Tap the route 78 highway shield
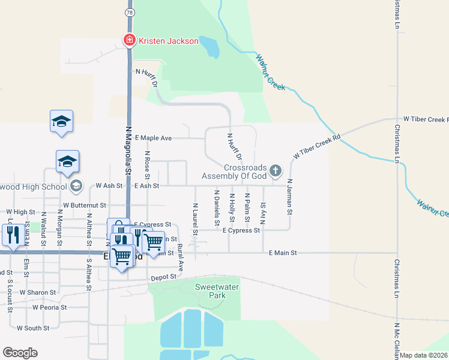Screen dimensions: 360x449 pyautogui.click(x=129, y=12)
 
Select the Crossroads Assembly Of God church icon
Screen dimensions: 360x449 pyautogui.click(x=276, y=172)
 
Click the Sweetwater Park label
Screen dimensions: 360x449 pyautogui.click(x=212, y=291)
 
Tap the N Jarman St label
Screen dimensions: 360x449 pyautogui.click(x=289, y=197)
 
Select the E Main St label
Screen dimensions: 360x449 pyautogui.click(x=283, y=254)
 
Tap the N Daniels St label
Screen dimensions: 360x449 pyautogui.click(x=217, y=208)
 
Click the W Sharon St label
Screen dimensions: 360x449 pyautogui.click(x=37, y=292)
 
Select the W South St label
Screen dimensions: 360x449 pyautogui.click(x=33, y=328)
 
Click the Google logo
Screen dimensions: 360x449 pyautogui.click(x=20, y=353)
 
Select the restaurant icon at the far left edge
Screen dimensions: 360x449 pyautogui.click(x=13, y=235)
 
